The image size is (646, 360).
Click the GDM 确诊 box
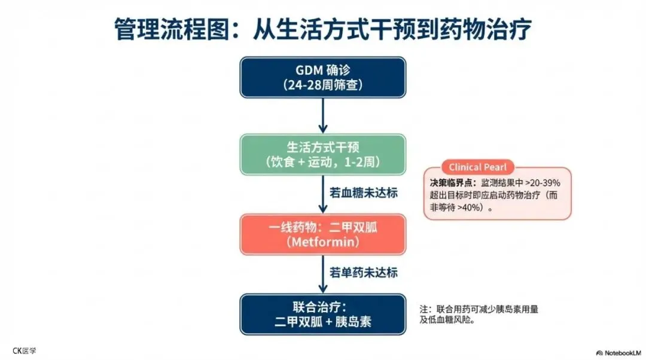click(323, 77)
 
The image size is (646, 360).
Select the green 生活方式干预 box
click(323, 154)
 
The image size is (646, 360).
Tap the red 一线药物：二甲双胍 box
click(323, 234)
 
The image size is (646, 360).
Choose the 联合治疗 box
click(323, 314)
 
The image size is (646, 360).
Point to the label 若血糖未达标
click(364, 194)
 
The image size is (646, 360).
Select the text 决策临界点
click(449, 182)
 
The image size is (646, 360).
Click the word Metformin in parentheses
click(323, 242)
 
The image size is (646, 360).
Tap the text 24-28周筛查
click(323, 85)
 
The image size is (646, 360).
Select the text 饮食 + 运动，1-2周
click(323, 162)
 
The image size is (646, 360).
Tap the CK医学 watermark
click(24, 351)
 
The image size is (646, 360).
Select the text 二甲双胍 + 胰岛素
click(323, 322)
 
